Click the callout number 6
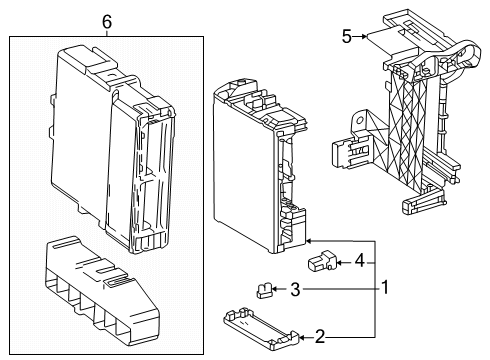tap(107, 20)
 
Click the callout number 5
tap(346, 37)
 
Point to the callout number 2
tap(320, 335)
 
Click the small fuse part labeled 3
tap(265, 291)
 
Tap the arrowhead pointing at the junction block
tap(311, 240)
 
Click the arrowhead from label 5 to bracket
tap(372, 37)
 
